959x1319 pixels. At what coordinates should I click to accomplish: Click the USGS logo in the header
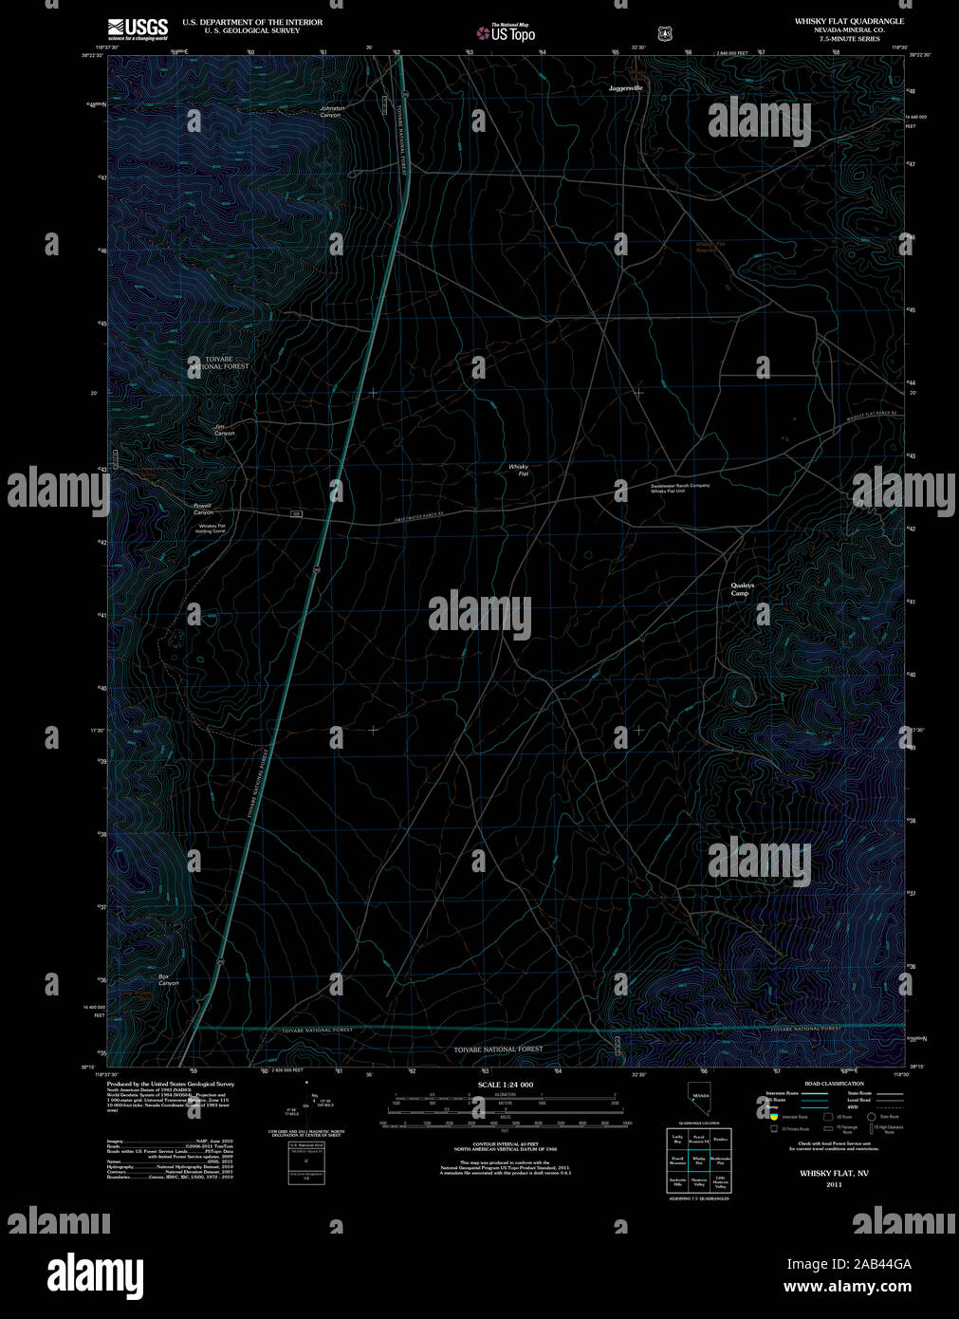click(138, 28)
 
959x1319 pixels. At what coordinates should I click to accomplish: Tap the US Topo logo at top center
click(507, 33)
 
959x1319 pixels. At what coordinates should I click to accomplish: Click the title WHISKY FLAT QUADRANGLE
click(849, 21)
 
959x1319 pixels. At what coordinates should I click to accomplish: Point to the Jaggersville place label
click(625, 87)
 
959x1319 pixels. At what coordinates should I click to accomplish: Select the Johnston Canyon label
click(332, 111)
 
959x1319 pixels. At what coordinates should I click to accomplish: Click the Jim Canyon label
click(224, 430)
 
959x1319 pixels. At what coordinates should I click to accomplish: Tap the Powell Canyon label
click(203, 509)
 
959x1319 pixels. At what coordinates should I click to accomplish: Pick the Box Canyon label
click(168, 979)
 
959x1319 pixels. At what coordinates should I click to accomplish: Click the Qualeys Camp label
click(742, 589)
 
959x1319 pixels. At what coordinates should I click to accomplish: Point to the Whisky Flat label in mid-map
click(518, 470)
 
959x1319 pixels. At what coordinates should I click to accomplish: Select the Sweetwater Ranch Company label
click(680, 486)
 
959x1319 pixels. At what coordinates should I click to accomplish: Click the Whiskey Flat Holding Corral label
click(211, 529)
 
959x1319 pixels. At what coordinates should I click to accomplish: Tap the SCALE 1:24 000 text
click(505, 1085)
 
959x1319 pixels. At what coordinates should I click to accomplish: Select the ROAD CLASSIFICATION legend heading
click(834, 1084)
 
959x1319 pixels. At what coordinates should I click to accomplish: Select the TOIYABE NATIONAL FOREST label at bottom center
click(498, 1049)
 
